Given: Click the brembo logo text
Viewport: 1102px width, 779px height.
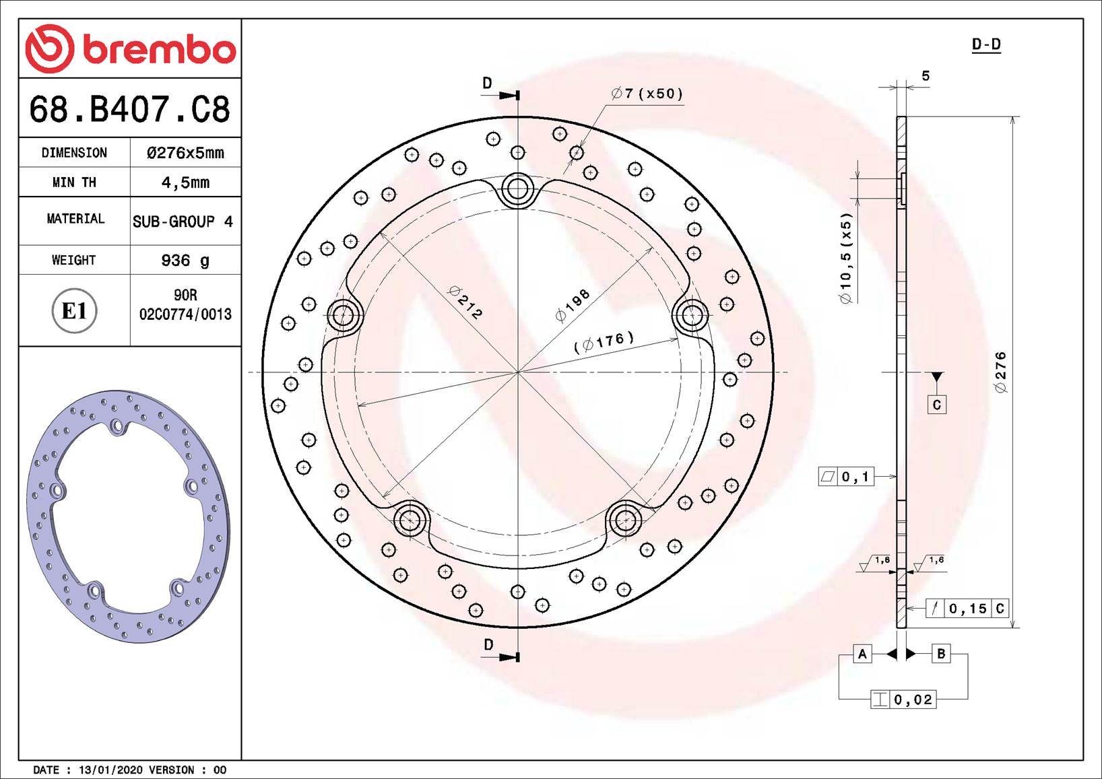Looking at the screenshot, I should pyautogui.click(x=159, y=48).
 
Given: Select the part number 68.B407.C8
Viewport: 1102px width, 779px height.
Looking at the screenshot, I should pyautogui.click(x=129, y=109).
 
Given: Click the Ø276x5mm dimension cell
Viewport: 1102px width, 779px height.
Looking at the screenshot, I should pyautogui.click(x=185, y=153).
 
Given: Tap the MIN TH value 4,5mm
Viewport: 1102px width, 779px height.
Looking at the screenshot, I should pyautogui.click(x=185, y=182).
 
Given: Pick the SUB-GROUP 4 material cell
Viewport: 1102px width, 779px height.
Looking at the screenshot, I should pyautogui.click(x=183, y=222).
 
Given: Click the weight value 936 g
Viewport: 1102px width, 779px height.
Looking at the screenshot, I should pyautogui.click(x=185, y=261).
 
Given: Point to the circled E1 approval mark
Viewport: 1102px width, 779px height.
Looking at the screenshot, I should pyautogui.click(x=74, y=311).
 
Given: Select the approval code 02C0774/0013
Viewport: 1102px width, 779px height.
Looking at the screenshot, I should pyautogui.click(x=185, y=314).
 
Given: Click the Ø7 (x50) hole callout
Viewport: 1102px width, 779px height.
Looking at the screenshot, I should pyautogui.click(x=647, y=94).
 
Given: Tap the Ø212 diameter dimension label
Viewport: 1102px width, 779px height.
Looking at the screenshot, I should pyautogui.click(x=465, y=302).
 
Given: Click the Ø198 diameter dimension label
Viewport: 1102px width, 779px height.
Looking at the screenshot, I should pyautogui.click(x=572, y=305).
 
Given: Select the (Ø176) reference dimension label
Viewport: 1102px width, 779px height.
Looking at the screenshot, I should pyautogui.click(x=604, y=342).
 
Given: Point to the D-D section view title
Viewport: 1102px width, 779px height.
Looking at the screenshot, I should pyautogui.click(x=985, y=44).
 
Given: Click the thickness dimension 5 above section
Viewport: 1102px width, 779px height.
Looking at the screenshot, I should pyautogui.click(x=926, y=76).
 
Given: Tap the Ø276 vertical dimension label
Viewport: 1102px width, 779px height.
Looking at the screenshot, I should pyautogui.click(x=1000, y=372).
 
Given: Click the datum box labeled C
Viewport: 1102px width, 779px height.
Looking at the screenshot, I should pyautogui.click(x=936, y=405).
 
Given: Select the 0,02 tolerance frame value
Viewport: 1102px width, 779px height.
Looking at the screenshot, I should pyautogui.click(x=913, y=700).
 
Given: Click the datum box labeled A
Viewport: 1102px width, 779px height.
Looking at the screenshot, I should pyautogui.click(x=862, y=654).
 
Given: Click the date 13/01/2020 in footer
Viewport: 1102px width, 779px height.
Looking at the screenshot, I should pyautogui.click(x=110, y=770).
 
